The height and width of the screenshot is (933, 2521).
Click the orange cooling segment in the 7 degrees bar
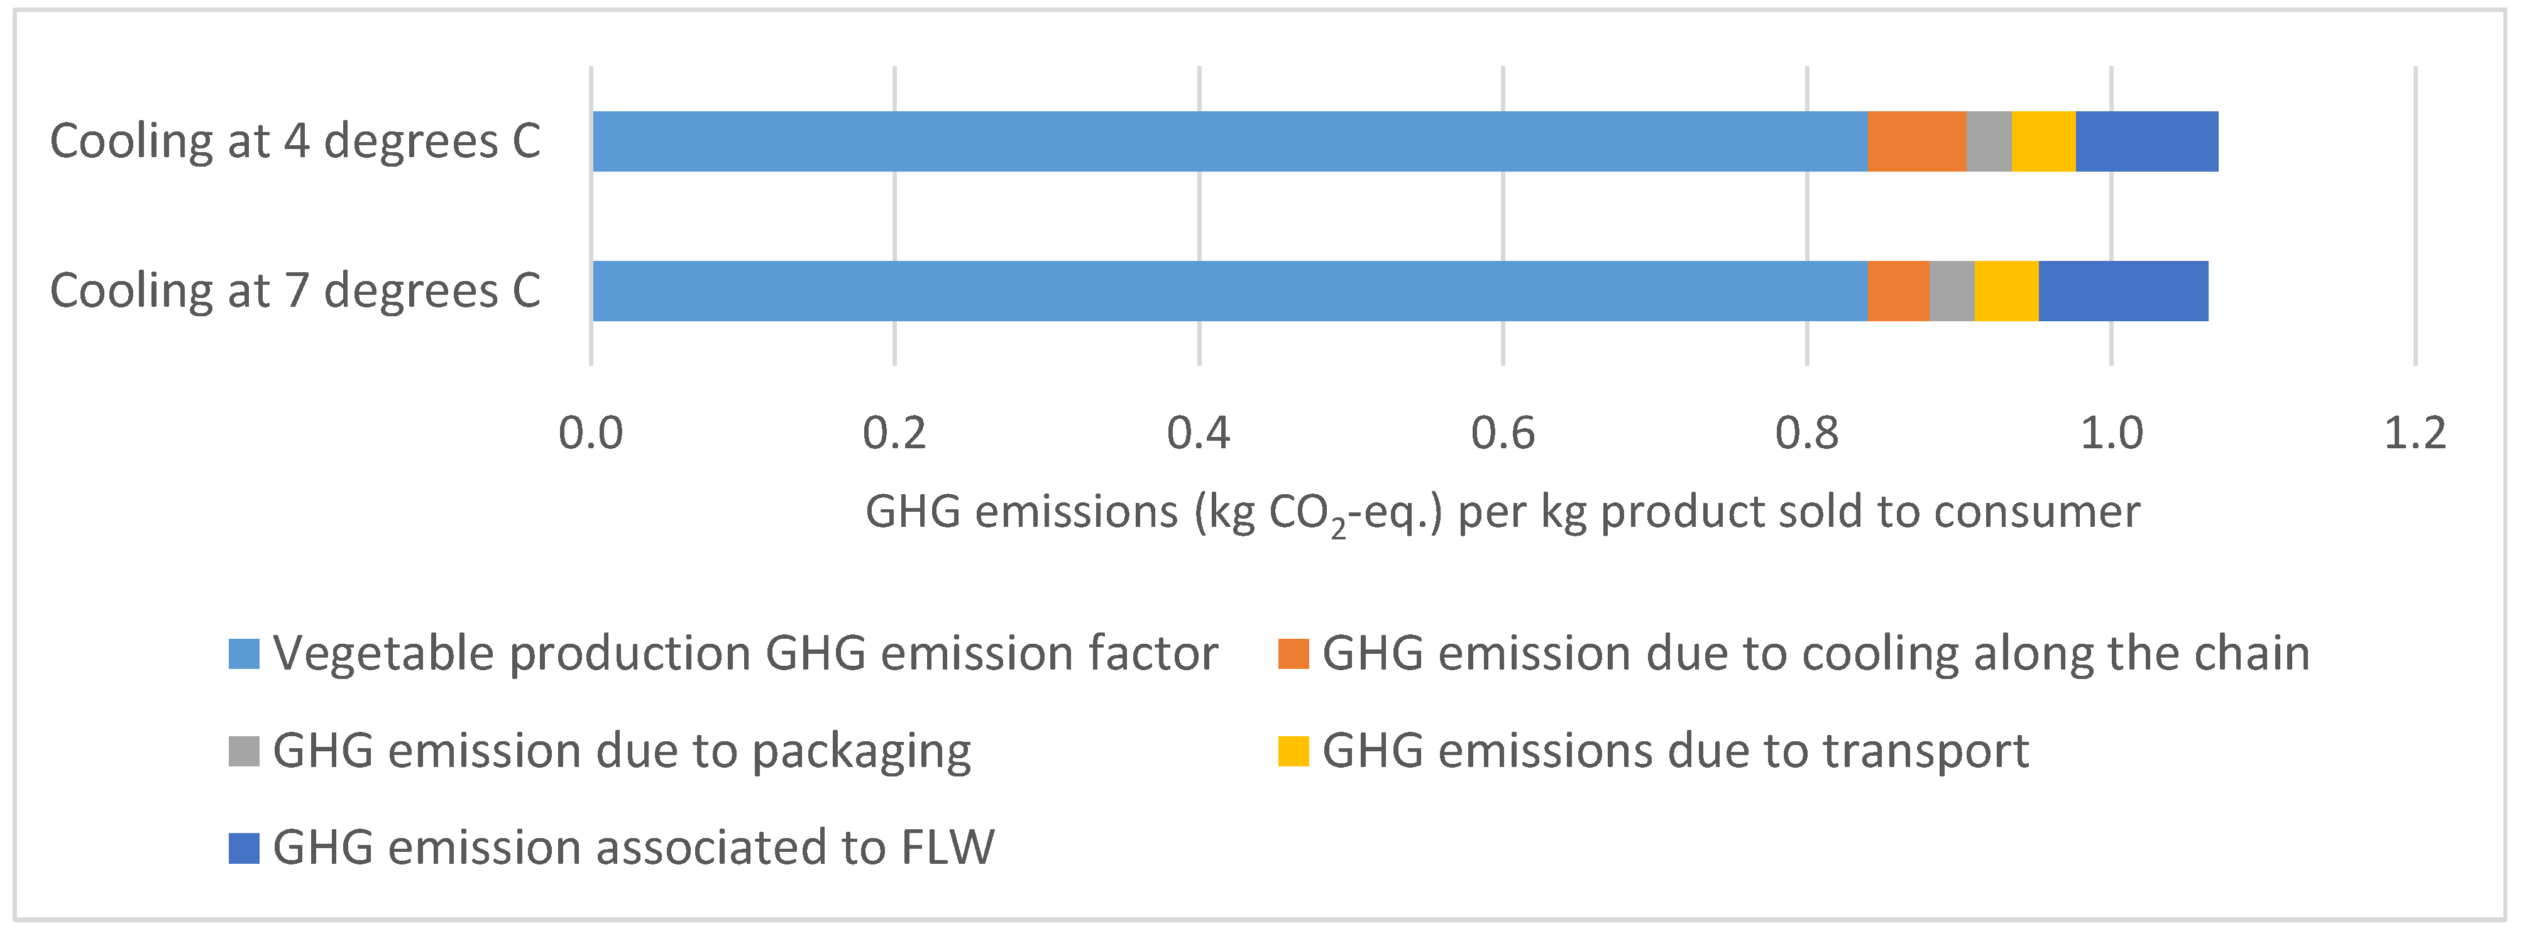(1898, 290)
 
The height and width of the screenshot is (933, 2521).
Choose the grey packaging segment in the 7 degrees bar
(1952, 290)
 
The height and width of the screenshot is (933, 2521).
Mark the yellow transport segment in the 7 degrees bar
(2006, 290)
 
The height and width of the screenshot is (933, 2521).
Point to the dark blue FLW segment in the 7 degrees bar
(2123, 290)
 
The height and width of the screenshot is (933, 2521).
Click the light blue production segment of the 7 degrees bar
(1229, 290)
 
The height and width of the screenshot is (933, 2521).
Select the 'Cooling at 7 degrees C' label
(295, 290)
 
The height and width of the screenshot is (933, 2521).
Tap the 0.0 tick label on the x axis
(590, 433)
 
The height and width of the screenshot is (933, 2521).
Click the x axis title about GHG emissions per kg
(1502, 512)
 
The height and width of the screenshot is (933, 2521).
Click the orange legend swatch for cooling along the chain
(1293, 654)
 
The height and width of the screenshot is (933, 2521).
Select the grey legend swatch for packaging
(244, 751)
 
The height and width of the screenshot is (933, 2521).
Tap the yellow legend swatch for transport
(1293, 751)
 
